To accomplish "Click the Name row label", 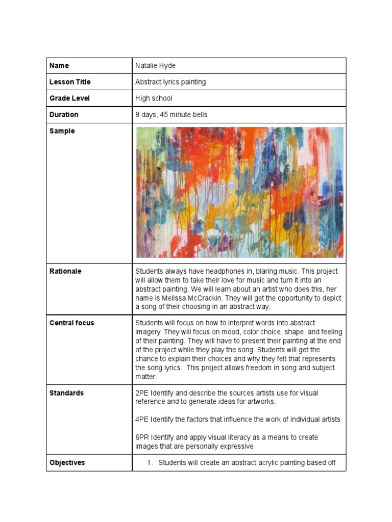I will click(59, 66).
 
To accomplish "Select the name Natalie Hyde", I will click(155, 66).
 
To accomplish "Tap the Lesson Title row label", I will click(70, 82).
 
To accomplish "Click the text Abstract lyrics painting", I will click(170, 82).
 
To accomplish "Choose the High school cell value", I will click(154, 98).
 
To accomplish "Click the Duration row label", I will click(64, 115).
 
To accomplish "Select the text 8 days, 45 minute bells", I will click(171, 115).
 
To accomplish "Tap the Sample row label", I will click(62, 131).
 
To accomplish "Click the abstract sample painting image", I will click(239, 192).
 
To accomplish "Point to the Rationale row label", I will click(65, 271).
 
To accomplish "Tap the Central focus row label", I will click(72, 323).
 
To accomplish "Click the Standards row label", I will click(66, 393).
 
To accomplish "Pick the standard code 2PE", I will click(141, 393).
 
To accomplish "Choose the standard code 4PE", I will click(141, 420).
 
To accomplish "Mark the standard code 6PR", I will click(142, 437).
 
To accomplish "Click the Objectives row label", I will click(67, 463).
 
